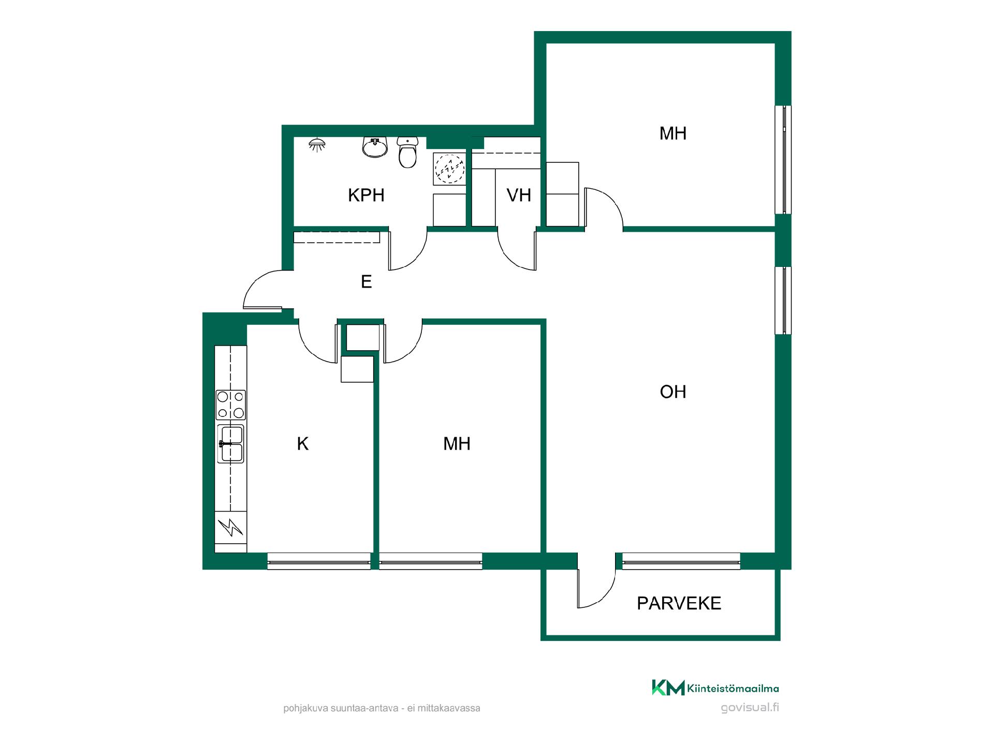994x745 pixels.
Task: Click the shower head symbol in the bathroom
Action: [x=317, y=144]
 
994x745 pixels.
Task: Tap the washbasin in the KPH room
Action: [x=375, y=147]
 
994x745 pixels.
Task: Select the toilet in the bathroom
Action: [x=408, y=152]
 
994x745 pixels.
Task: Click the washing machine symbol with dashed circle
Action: [x=449, y=168]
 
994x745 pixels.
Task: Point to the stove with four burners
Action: [x=231, y=405]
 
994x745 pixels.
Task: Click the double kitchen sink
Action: [x=231, y=443]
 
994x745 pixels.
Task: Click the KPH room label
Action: [x=366, y=196]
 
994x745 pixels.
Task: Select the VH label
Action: [x=519, y=196]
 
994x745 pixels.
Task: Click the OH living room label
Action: [x=673, y=392]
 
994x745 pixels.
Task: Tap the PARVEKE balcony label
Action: [x=679, y=603]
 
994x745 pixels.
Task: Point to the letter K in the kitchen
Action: [x=303, y=444]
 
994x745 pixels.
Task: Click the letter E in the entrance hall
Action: [x=366, y=282]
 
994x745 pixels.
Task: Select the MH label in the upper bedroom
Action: [x=673, y=133]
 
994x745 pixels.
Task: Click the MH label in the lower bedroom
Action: [x=457, y=444]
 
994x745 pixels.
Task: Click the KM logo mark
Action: [x=668, y=688]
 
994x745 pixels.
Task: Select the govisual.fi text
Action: [x=750, y=707]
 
